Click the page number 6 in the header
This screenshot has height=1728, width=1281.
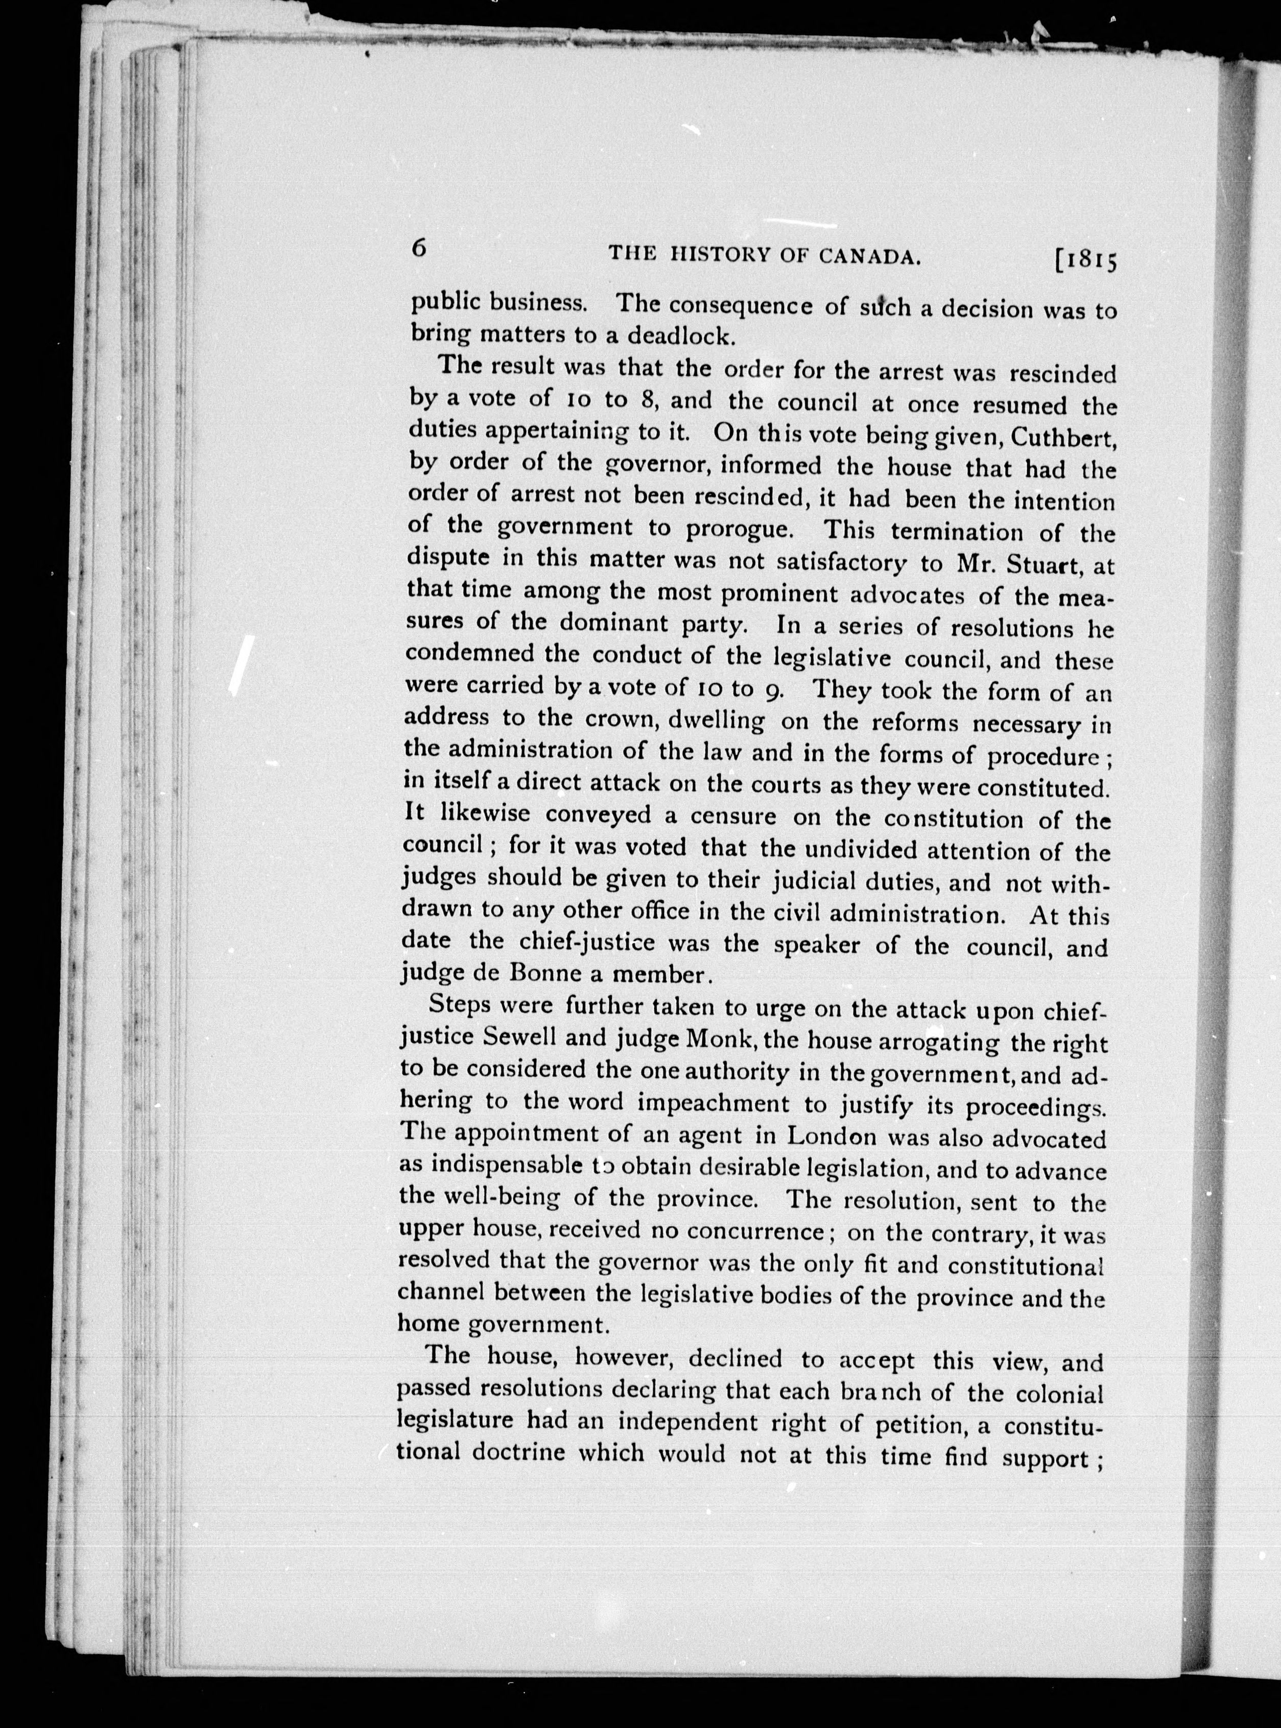(x=419, y=248)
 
